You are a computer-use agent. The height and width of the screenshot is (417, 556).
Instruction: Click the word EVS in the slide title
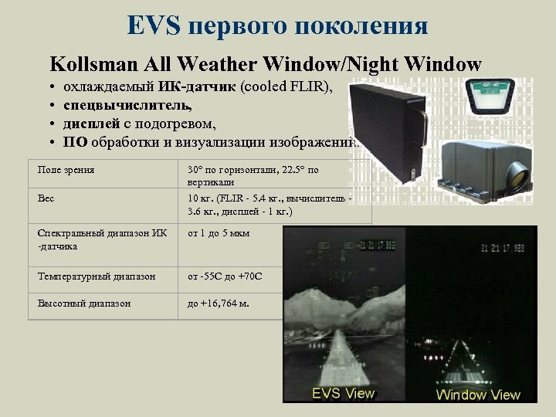click(x=154, y=25)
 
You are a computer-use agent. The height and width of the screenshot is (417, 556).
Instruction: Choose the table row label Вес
click(x=46, y=198)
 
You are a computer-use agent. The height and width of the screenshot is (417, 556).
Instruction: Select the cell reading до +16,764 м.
click(x=219, y=303)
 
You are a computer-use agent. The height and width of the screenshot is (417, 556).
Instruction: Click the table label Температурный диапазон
click(x=97, y=276)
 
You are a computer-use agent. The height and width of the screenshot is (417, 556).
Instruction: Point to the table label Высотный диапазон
click(x=84, y=303)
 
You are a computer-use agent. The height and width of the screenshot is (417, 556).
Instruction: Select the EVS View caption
click(x=343, y=393)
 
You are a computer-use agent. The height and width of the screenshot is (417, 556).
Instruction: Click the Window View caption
click(x=478, y=395)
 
